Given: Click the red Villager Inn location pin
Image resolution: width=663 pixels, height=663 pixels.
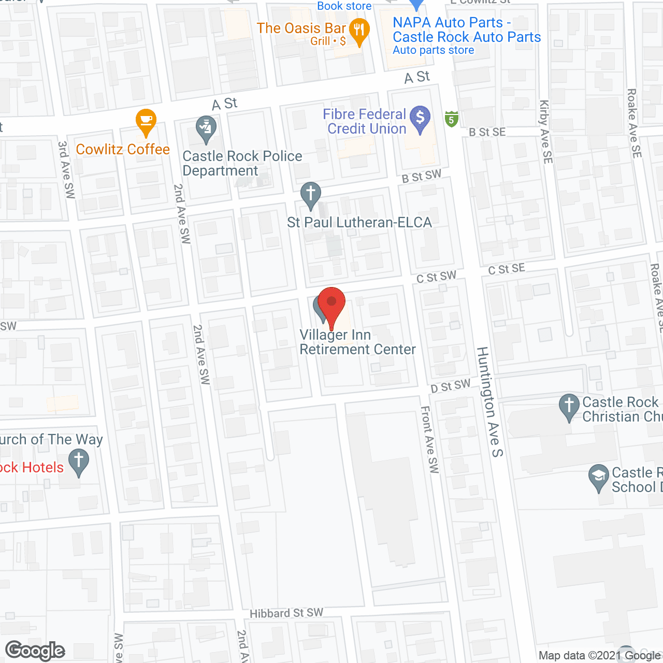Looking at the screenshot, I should (x=331, y=303).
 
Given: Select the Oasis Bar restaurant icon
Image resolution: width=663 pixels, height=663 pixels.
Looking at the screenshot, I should (x=359, y=30).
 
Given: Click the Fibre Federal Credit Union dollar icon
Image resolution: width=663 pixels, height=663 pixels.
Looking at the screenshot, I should (x=420, y=118).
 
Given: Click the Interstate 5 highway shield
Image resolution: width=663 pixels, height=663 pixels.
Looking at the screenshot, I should (x=452, y=119).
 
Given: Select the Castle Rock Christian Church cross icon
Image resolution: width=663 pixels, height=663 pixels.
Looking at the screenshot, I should (x=569, y=406).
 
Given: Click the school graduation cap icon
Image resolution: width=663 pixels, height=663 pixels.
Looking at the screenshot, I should (x=599, y=477).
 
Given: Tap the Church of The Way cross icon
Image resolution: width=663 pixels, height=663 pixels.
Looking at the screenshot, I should (x=79, y=461).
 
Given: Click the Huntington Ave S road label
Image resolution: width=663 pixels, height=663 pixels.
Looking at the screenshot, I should (x=489, y=402).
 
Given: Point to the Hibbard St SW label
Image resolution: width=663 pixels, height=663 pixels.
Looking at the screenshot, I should (x=286, y=613).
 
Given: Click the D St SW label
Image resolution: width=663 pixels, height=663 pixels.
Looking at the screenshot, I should (x=451, y=386).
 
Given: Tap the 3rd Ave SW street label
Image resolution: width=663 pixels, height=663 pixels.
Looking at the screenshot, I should (x=67, y=169).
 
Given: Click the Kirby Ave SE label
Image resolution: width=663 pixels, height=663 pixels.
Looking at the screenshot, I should (x=546, y=132).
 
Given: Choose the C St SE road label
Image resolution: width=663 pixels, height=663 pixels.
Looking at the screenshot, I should (x=507, y=269).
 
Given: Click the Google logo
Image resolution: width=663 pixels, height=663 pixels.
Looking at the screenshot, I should (x=35, y=651).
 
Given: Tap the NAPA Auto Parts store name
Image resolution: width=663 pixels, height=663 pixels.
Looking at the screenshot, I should (x=467, y=30).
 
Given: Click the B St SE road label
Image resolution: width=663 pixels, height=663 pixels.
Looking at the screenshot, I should (x=487, y=132).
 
